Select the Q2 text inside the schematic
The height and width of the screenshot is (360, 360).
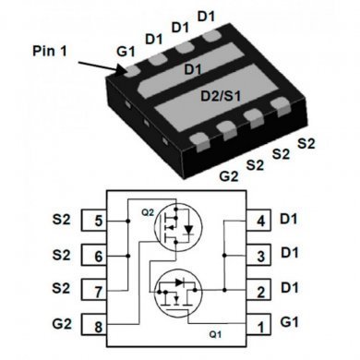[148, 210]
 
